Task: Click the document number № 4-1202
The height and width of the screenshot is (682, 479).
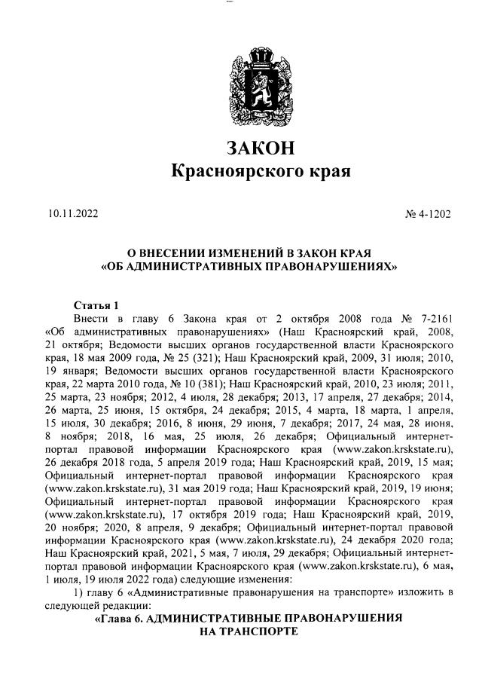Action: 428,214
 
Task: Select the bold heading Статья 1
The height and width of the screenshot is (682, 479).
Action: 96,305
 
